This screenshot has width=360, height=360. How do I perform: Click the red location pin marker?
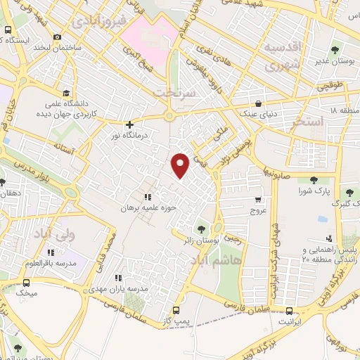click(x=181, y=165)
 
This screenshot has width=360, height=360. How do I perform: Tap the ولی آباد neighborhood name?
click(x=75, y=234)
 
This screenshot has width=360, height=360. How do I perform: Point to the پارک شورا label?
click(x=312, y=191)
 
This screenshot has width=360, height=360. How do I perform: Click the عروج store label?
click(x=257, y=210)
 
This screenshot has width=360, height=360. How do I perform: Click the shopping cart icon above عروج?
click(x=258, y=199)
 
